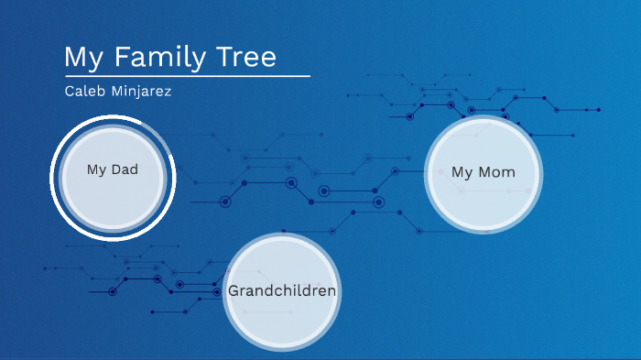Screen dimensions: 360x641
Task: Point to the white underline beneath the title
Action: click(x=187, y=76)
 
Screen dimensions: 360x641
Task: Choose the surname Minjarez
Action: click(x=141, y=92)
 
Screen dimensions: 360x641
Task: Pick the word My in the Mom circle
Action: click(x=462, y=172)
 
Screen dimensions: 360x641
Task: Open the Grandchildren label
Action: click(x=282, y=290)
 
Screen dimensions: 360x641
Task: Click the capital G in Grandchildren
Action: click(x=234, y=290)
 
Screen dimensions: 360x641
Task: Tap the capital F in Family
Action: click(x=124, y=57)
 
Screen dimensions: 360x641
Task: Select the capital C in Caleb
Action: click(x=70, y=92)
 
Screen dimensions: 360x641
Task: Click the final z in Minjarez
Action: click(x=168, y=93)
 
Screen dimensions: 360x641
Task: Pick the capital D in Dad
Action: click(x=116, y=169)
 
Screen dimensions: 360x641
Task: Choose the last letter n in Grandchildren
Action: click(x=331, y=291)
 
